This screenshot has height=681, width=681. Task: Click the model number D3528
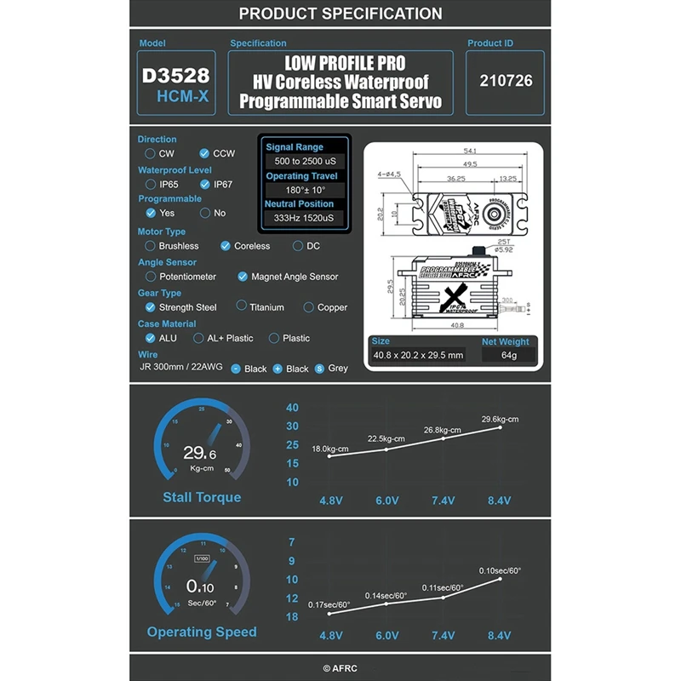pos(175,75)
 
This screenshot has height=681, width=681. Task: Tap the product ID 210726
pos(506,81)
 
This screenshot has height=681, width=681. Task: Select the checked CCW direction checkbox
pos(204,154)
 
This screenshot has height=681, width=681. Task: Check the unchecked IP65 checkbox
pos(151,184)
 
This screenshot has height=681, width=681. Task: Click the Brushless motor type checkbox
pos(151,246)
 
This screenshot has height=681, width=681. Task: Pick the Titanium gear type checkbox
pos(242,306)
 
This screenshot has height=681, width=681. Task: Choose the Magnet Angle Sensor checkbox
pos(243,277)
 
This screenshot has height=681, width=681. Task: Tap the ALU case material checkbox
pos(151,338)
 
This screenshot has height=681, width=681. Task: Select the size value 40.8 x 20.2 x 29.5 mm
pos(418,355)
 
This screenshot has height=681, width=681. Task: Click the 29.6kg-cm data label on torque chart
pos(500,419)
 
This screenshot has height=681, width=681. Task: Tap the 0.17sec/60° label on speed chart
pos(329,604)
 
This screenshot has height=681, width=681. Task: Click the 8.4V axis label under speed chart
pos(500,636)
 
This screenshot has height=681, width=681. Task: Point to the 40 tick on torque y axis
pos(292,408)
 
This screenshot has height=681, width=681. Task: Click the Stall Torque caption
pos(202,497)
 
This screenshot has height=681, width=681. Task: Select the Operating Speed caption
pos(202,632)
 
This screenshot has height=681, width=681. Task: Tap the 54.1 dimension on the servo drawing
pos(470,151)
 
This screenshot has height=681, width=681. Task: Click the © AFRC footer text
pos(340,669)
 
